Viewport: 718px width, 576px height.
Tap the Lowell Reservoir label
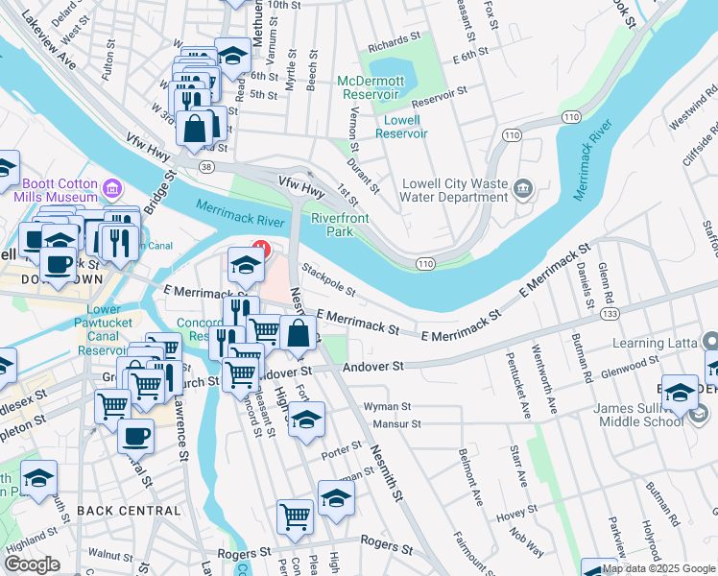click(401, 127)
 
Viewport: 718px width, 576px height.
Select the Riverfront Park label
click(340, 225)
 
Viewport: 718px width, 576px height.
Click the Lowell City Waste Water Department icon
click(523, 187)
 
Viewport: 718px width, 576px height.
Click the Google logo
click(32, 564)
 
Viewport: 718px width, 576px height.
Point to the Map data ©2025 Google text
click(658, 569)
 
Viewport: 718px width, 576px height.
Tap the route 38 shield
click(206, 166)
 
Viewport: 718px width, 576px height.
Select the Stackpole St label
click(328, 279)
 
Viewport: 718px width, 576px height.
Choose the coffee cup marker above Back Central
click(135, 436)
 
